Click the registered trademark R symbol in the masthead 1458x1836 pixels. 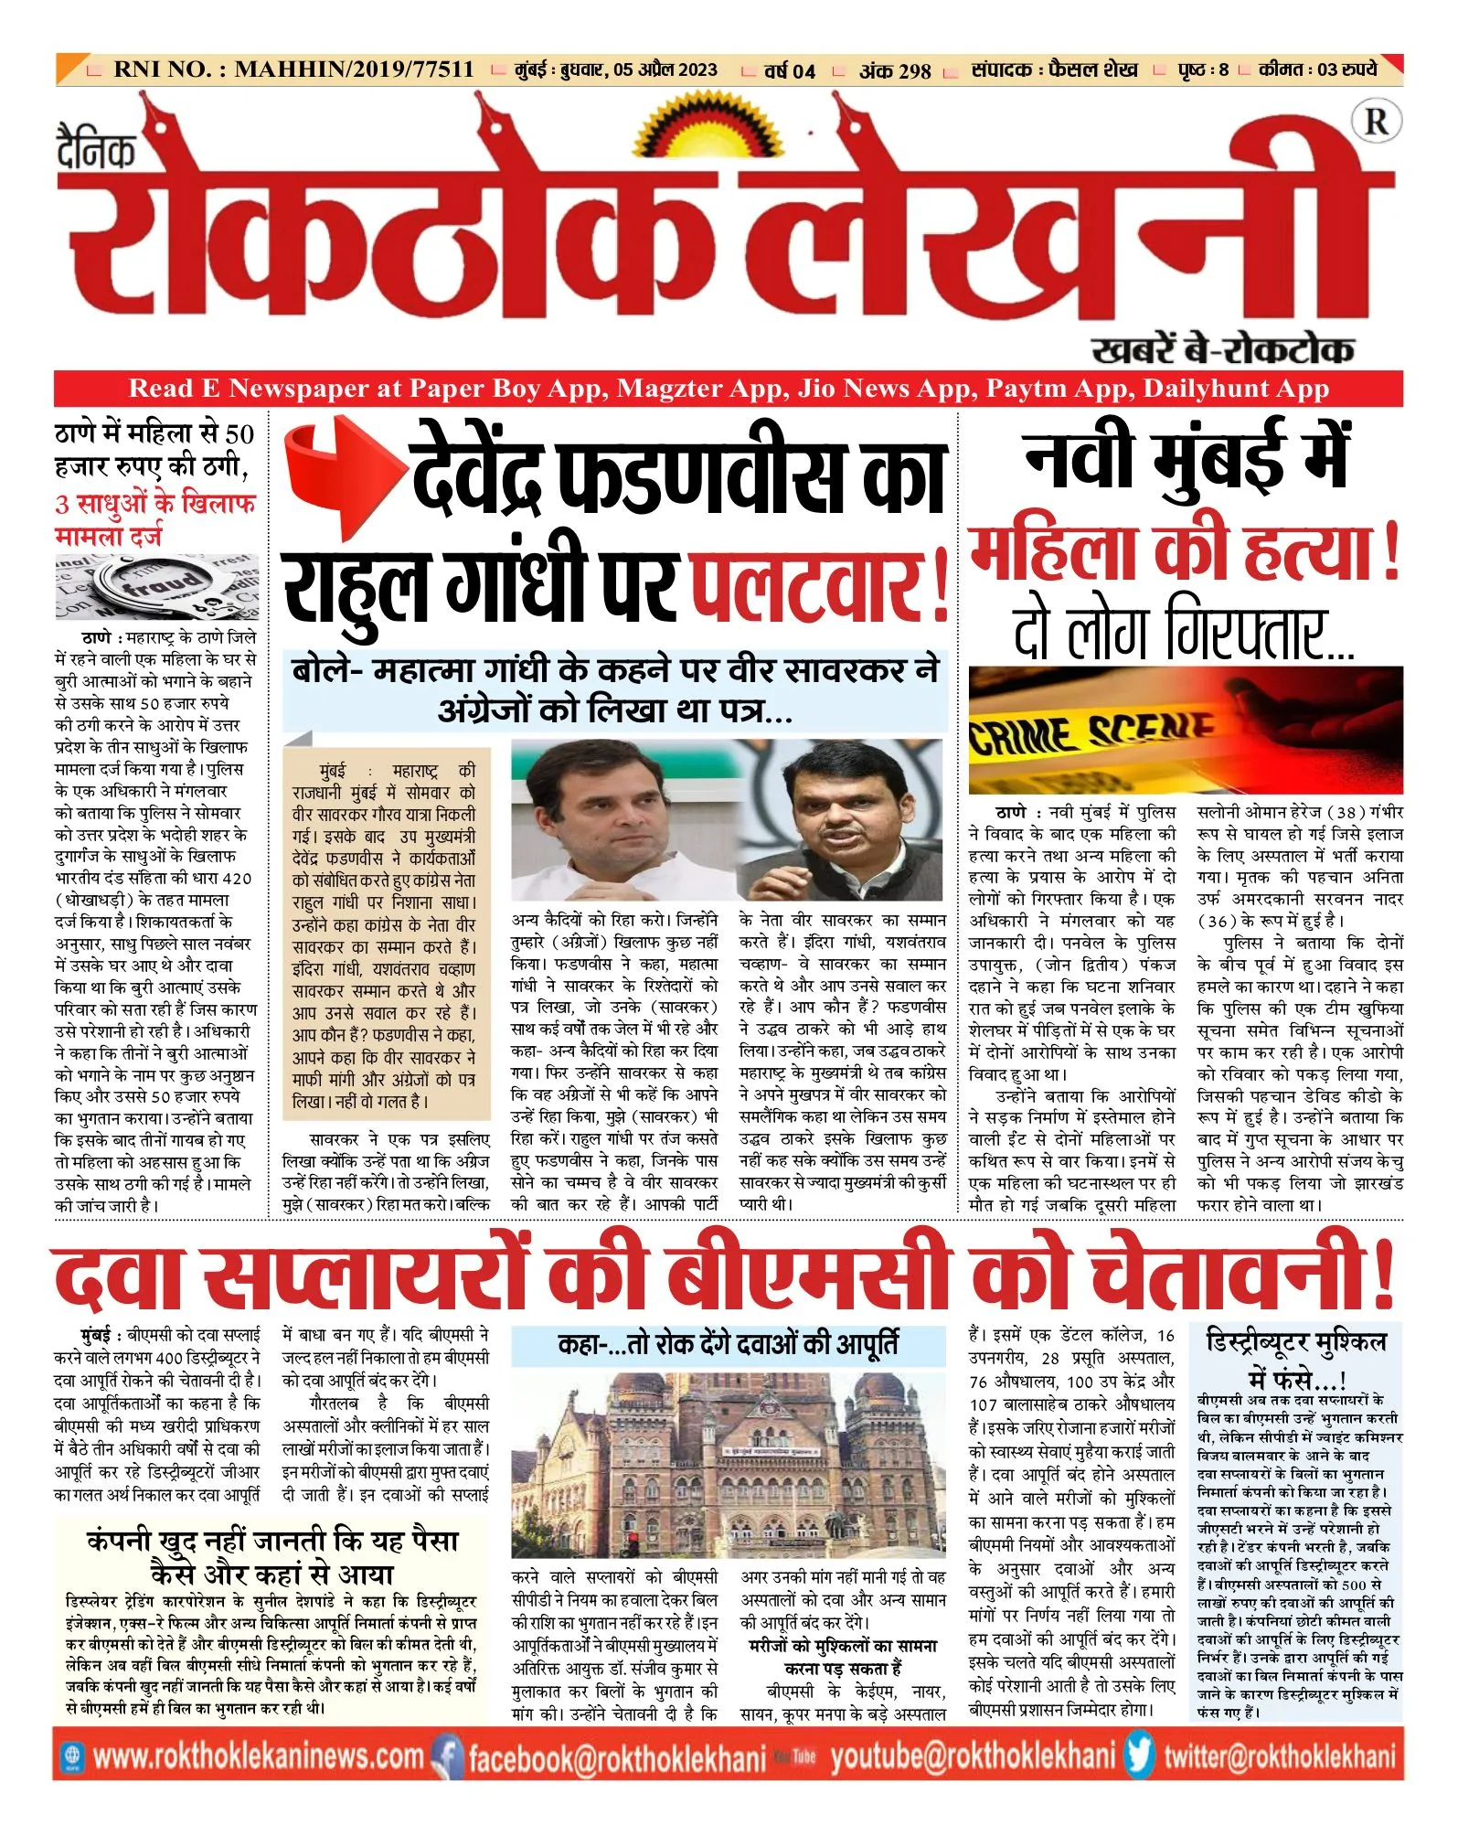pos(1376,122)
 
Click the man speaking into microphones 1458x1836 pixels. pos(841,821)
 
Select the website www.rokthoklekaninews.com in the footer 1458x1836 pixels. pos(259,1756)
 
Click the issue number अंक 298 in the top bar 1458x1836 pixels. pos(894,70)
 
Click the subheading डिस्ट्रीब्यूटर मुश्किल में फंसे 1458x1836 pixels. pos(1296,1358)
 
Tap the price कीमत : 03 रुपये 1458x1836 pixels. pos(1317,69)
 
